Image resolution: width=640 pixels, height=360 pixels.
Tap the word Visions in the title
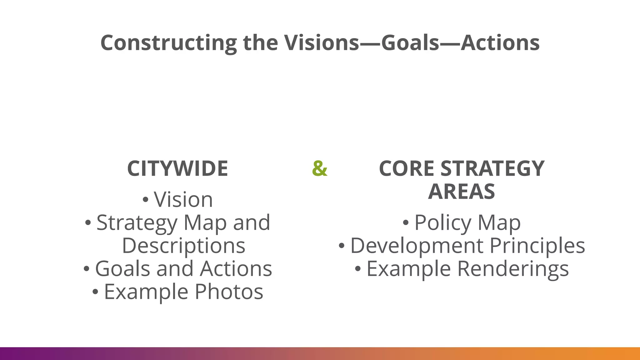coord(322,43)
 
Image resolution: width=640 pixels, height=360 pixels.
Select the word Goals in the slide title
coord(410,43)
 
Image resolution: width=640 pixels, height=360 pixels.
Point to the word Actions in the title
coord(500,43)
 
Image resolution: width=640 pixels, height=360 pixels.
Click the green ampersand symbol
coord(320,168)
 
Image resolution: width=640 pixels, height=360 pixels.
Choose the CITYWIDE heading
coord(177,169)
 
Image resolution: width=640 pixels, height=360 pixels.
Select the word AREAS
coord(462,192)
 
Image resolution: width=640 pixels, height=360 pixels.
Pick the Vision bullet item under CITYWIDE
coord(183,199)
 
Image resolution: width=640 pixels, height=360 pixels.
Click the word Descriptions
coord(183,246)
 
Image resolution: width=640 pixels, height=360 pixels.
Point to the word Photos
coord(229,292)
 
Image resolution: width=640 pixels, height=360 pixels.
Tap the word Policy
coord(442,223)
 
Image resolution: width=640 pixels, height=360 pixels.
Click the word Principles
coord(537,246)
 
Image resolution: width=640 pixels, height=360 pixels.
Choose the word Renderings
coord(513,269)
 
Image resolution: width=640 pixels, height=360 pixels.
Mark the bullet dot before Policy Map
coord(406,223)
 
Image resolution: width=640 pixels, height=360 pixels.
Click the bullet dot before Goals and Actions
coord(87,269)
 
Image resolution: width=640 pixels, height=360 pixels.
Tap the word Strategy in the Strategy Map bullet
coord(137,223)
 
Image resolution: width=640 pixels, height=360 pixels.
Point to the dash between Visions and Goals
coord(370,43)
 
